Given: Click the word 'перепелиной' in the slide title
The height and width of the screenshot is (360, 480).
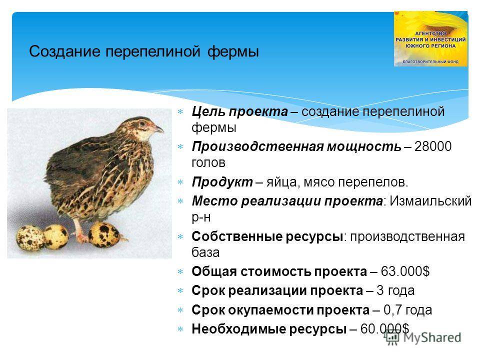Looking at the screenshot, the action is pyautogui.click(x=153, y=51).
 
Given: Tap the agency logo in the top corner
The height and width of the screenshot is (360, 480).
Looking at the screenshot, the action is pyautogui.click(x=430, y=38).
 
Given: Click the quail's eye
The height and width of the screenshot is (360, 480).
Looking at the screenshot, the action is pyautogui.click(x=142, y=123).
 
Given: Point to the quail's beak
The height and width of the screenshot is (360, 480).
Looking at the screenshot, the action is pyautogui.click(x=158, y=129).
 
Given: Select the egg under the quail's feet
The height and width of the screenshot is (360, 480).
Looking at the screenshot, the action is pyautogui.click(x=103, y=234).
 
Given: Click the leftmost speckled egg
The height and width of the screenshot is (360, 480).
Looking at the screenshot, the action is pyautogui.click(x=30, y=238).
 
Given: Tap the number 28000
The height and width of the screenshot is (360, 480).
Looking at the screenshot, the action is pyautogui.click(x=433, y=146).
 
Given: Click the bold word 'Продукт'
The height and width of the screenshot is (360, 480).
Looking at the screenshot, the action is pyautogui.click(x=222, y=182).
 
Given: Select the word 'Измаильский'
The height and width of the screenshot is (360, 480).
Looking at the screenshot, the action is pyautogui.click(x=430, y=201).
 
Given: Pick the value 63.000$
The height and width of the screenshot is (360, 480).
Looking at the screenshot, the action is pyautogui.click(x=405, y=271).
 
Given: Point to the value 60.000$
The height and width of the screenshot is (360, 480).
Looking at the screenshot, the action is pyautogui.click(x=384, y=329).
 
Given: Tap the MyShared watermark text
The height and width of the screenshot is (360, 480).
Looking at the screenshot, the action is pyautogui.click(x=432, y=337).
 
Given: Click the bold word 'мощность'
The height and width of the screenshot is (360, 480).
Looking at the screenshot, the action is pyautogui.click(x=364, y=147).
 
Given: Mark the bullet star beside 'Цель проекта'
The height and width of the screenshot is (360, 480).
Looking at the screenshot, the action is pyautogui.click(x=180, y=111).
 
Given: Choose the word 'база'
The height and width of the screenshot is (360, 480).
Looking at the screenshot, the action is pyautogui.click(x=205, y=253).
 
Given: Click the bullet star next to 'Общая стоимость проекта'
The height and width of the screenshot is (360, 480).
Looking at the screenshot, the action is pyautogui.click(x=180, y=271).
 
